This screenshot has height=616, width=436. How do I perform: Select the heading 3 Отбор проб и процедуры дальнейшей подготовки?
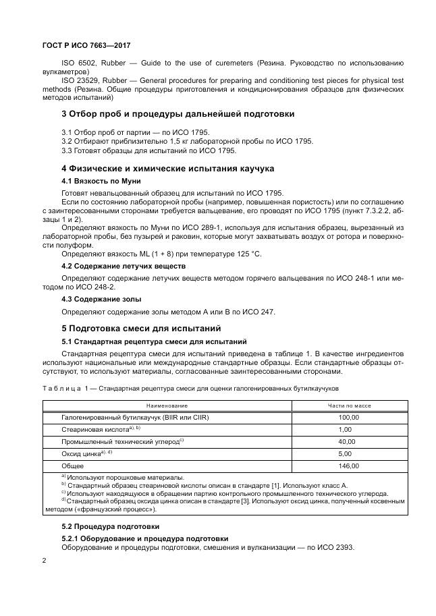pos(178,114)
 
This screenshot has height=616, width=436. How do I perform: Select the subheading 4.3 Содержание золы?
pos(101,298)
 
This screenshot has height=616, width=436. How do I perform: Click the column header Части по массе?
pos(349,405)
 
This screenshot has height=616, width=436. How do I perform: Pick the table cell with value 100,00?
pos(349,417)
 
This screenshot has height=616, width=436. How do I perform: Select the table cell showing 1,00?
pos(345,429)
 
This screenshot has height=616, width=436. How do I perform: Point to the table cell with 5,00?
pos(345,453)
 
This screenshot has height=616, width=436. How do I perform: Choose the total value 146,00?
pos(349,466)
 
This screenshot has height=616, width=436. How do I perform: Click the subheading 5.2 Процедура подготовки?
pos(110,526)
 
